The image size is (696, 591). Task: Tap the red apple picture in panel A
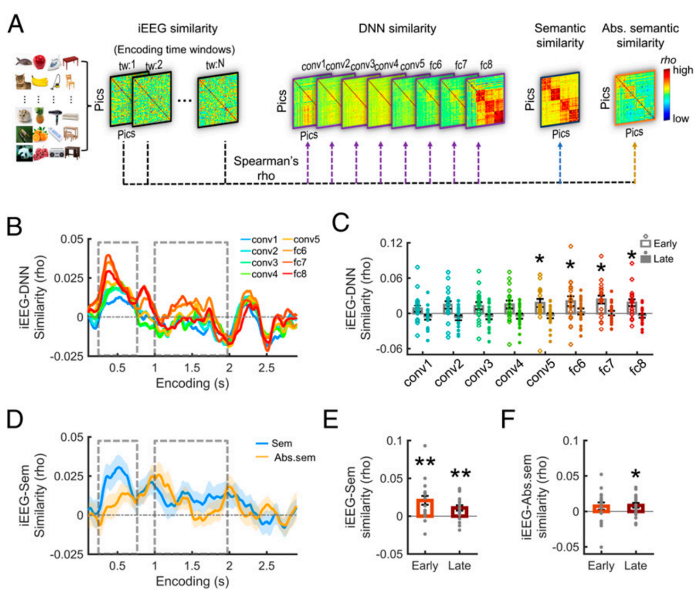(39, 62)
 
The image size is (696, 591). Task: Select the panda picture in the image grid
(24, 153)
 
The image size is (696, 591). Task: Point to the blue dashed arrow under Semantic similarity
(560, 163)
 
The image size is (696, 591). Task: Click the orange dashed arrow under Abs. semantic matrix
(635, 163)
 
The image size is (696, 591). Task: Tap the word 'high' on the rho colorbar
(682, 70)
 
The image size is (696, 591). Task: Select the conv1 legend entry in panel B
(259, 240)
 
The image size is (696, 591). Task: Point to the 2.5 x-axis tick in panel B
(267, 368)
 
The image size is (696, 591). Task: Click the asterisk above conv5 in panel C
(540, 259)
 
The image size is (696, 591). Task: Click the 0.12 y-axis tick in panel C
(391, 243)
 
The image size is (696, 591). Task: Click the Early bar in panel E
(425, 508)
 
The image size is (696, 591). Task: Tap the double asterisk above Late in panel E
(460, 474)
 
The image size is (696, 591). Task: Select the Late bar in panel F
(635, 508)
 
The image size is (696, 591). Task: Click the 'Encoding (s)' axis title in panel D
(193, 581)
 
